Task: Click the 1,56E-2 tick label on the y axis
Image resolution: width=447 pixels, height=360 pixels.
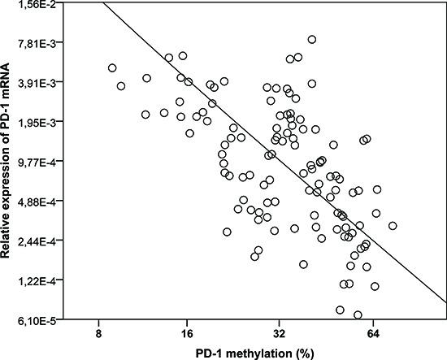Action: pos(40,6)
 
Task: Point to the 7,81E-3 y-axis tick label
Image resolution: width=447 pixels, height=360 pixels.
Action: pos(40,43)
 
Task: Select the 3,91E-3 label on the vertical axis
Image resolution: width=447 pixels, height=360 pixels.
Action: pos(40,83)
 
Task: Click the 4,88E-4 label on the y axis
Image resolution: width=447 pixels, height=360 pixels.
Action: pos(40,202)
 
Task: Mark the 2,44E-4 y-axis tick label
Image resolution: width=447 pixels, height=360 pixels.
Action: pos(40,242)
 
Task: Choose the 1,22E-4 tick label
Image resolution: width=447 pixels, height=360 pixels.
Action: pos(40,282)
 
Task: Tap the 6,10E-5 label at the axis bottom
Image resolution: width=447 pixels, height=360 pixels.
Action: pos(40,322)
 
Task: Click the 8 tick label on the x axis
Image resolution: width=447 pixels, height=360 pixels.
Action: pos(98,333)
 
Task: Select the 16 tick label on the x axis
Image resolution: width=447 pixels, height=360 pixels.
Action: pos(187,333)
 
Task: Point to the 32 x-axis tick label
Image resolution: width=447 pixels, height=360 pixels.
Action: pos(280,333)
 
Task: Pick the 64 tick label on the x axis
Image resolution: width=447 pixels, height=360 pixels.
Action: pos(373,333)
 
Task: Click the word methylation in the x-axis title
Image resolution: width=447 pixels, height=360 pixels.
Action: pos(256,353)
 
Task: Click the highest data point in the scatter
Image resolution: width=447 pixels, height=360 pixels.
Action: pos(312,39)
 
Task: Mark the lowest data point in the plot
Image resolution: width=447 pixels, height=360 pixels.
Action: pos(358,314)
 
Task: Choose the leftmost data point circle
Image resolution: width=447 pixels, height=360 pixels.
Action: pos(112,68)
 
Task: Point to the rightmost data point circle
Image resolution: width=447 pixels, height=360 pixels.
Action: pos(393,226)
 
